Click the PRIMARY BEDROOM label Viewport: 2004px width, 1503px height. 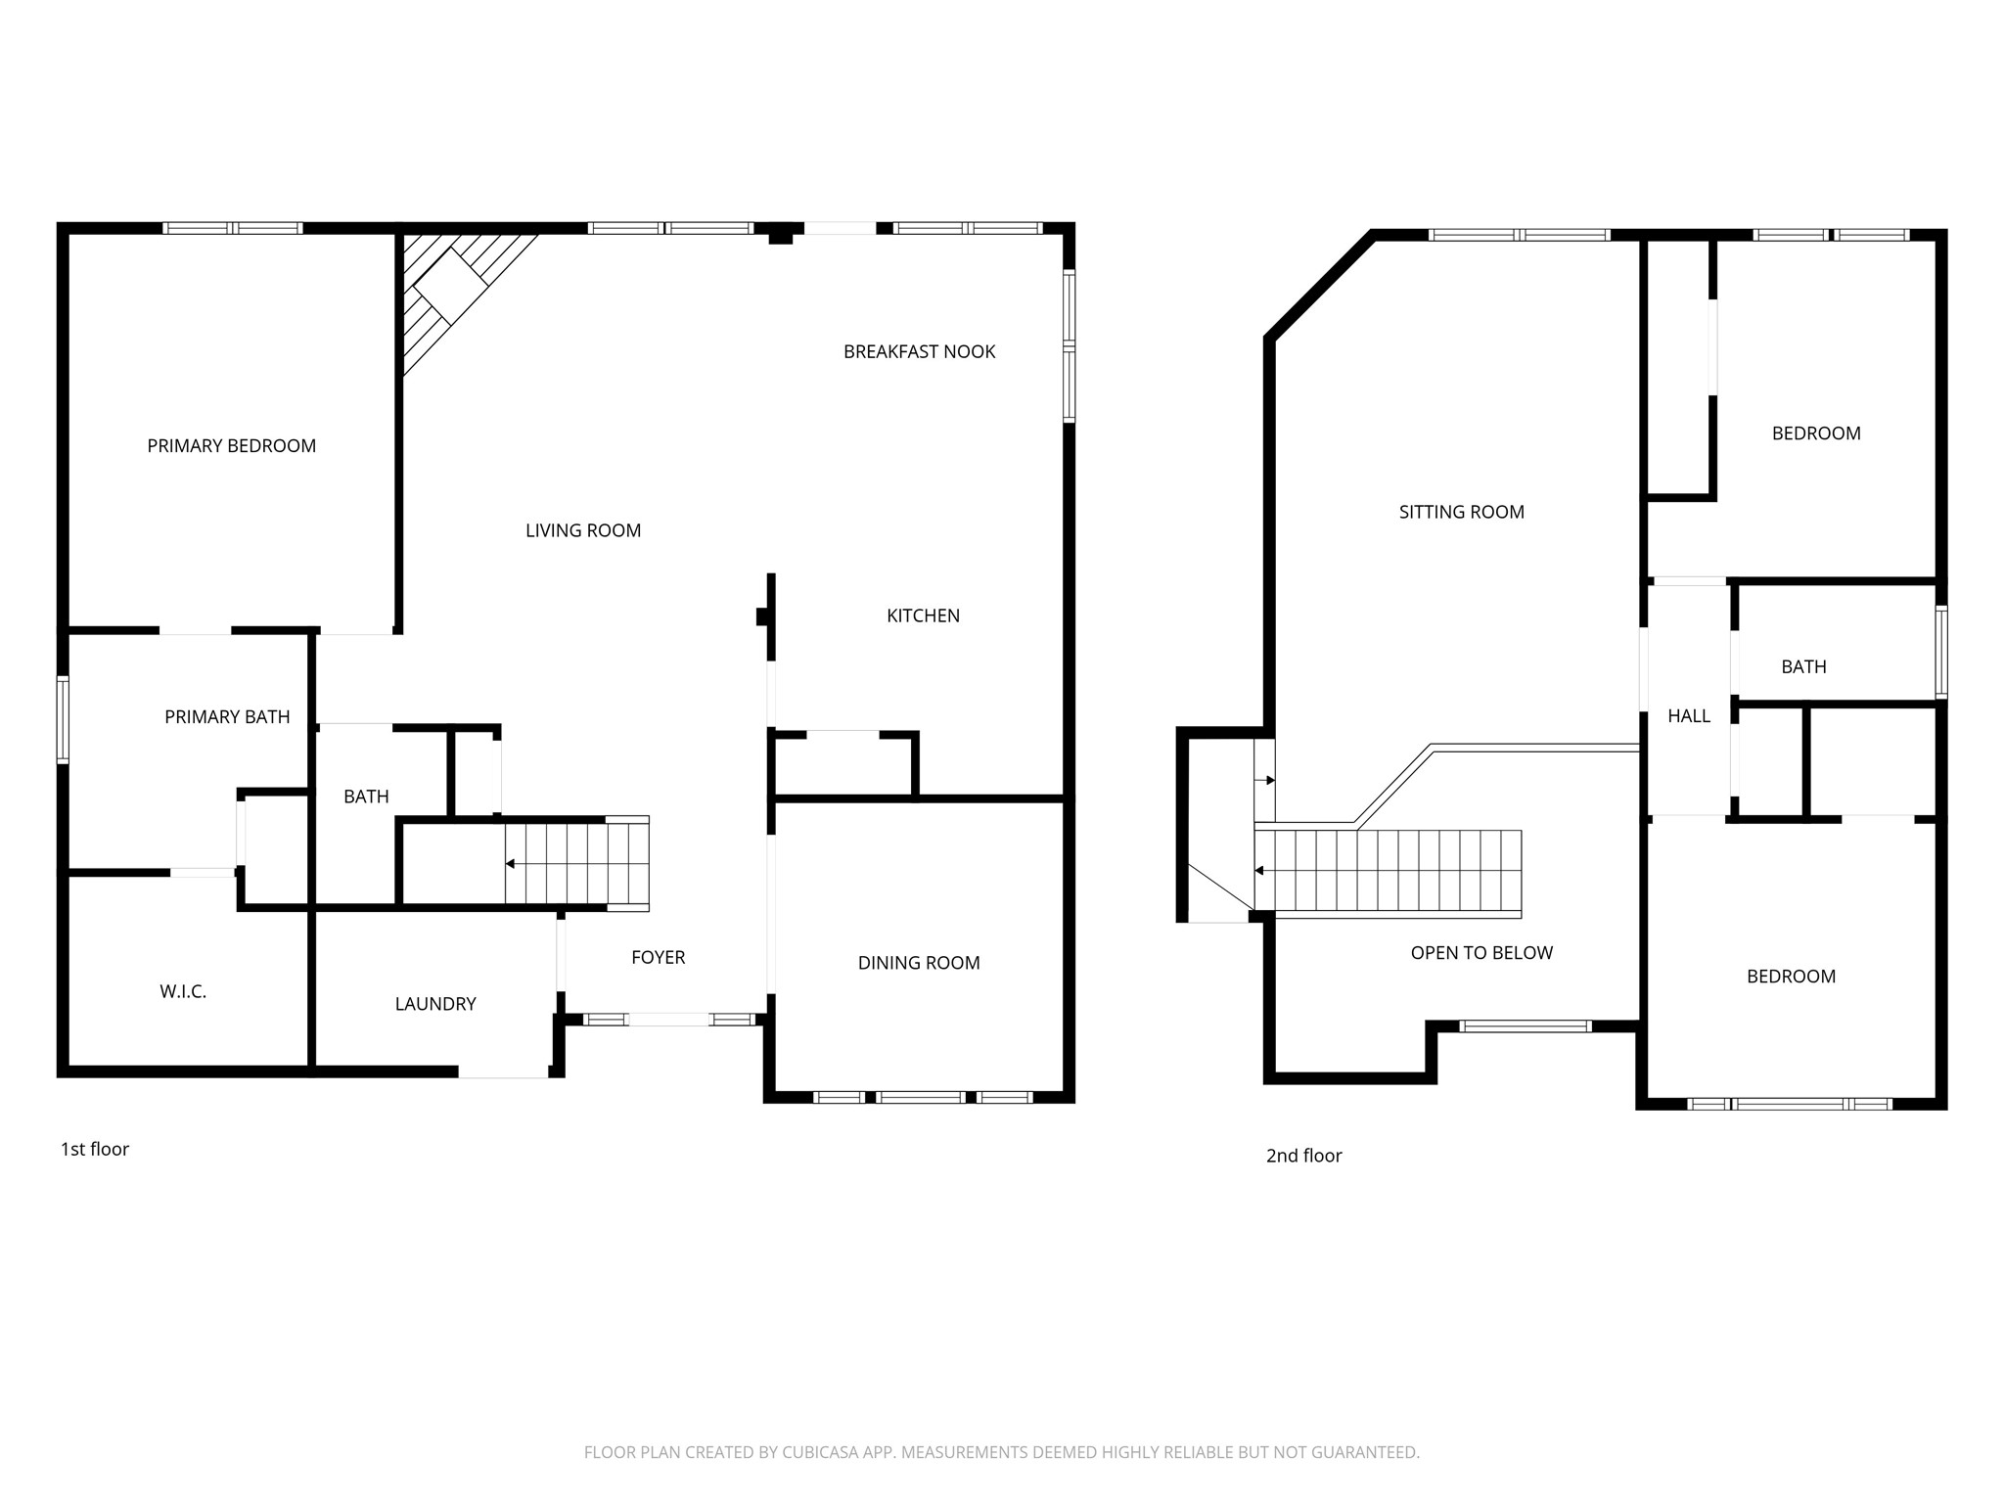(x=231, y=446)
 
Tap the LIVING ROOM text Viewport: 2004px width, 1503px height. (x=583, y=530)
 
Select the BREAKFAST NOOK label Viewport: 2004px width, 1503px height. (x=919, y=351)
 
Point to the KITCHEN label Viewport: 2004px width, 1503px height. (x=923, y=615)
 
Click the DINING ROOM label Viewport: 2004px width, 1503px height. (x=919, y=963)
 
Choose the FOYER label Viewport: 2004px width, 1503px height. (x=658, y=957)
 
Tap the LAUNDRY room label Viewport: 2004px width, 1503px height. (x=435, y=1004)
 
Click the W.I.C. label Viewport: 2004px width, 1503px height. (x=183, y=992)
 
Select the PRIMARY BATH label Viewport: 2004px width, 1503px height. (x=227, y=717)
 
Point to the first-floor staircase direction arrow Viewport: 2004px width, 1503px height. (x=511, y=864)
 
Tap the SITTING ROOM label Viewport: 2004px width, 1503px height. (x=1461, y=512)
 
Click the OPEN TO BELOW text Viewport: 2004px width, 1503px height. (x=1481, y=953)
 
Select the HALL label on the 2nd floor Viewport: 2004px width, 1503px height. (x=1689, y=716)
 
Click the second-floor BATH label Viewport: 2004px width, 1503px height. (x=1803, y=666)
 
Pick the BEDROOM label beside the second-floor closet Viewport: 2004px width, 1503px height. (x=1816, y=433)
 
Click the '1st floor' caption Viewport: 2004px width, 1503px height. (x=95, y=1149)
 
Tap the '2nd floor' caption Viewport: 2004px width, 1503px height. (x=1303, y=1156)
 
